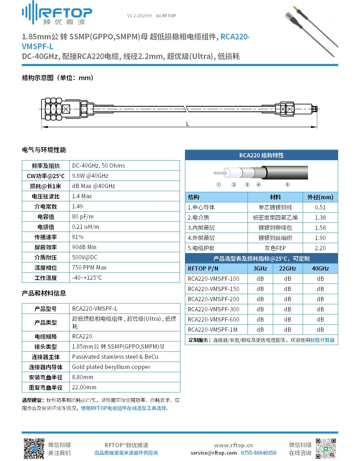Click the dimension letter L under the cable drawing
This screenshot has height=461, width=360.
click(x=187, y=124)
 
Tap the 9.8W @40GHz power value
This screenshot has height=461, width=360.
click(x=90, y=176)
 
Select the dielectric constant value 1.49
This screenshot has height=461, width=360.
click(x=77, y=206)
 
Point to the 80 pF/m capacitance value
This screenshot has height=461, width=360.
click(x=83, y=216)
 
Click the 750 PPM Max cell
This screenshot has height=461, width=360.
click(x=89, y=267)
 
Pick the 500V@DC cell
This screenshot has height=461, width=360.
click(x=85, y=257)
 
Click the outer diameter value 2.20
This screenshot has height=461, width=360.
click(x=320, y=248)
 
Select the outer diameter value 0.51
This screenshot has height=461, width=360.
click(x=320, y=207)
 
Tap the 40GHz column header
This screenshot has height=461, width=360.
click(x=320, y=268)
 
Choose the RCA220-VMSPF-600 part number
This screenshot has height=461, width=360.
click(x=213, y=319)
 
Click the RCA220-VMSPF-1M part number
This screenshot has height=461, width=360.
click(x=213, y=330)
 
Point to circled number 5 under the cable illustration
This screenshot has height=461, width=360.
click(x=287, y=184)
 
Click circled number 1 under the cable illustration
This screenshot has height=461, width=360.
click(x=218, y=184)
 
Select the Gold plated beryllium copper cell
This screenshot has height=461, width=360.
click(x=111, y=367)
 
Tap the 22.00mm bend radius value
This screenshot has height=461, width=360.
click(x=84, y=387)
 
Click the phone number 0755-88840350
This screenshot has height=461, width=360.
click(x=258, y=453)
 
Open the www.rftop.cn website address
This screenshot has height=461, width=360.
click(x=233, y=445)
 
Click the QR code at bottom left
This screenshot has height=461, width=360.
click(x=34, y=448)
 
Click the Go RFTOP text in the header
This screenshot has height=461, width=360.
click(x=166, y=16)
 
